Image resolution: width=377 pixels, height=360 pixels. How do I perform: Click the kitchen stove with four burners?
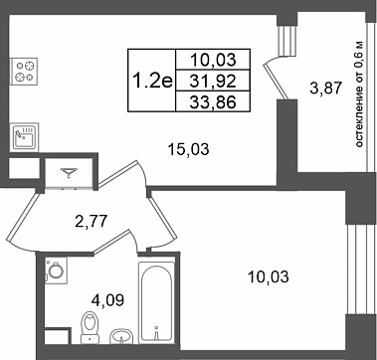[24, 72]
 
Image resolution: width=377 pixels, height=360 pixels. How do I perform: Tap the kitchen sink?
[24, 137]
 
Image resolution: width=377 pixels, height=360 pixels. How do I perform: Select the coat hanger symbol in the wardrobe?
[69, 173]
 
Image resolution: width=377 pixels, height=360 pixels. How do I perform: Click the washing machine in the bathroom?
[56, 270]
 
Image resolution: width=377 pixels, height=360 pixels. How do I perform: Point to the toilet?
[90, 326]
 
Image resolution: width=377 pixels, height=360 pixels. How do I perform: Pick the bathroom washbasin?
[122, 336]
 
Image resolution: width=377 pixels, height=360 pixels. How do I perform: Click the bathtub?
[156, 302]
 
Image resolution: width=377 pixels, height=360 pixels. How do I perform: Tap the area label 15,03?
[189, 149]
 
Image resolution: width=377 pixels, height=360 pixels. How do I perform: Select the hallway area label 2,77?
[91, 221]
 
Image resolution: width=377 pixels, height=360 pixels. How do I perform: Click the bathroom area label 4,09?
[107, 300]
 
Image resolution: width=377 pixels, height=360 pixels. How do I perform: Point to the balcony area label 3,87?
[325, 89]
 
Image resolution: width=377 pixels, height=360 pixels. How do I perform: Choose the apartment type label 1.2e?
[152, 81]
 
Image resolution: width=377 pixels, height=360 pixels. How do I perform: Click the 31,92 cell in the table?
[213, 81]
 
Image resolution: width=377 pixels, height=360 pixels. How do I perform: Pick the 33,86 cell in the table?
[213, 101]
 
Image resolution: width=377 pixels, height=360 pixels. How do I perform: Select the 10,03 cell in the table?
[213, 60]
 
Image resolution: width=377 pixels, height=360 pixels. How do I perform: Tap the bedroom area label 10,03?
[269, 276]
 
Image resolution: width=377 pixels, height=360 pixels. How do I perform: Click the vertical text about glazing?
[360, 94]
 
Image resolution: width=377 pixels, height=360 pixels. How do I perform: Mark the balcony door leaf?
[275, 81]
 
